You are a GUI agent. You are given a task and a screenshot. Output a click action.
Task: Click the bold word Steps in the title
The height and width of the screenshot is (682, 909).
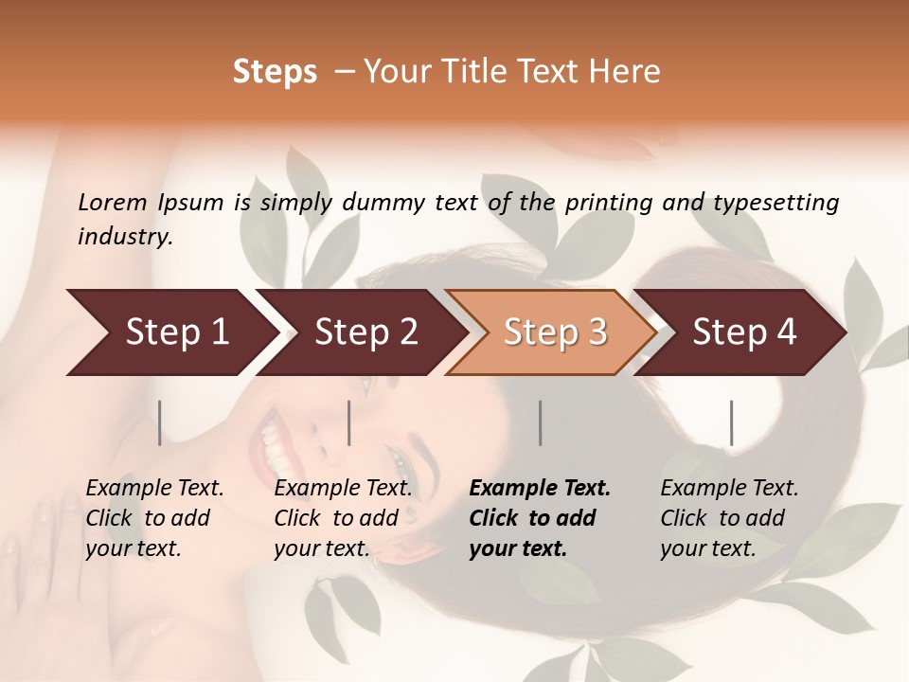click(x=275, y=72)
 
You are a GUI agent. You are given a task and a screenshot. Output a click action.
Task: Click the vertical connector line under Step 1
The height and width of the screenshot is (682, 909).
click(x=160, y=422)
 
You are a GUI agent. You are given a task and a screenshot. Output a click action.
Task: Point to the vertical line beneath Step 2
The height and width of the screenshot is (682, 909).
click(x=349, y=422)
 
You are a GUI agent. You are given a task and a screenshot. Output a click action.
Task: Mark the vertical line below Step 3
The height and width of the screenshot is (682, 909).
click(x=541, y=422)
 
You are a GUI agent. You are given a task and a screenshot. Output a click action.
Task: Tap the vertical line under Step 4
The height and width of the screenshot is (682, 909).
click(x=731, y=422)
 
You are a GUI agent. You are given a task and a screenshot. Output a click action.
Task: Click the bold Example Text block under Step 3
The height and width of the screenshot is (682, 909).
click(x=540, y=518)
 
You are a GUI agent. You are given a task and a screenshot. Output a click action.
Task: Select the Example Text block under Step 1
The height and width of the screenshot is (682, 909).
click(x=154, y=518)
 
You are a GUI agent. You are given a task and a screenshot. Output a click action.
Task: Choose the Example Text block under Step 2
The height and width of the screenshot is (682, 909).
click(x=343, y=518)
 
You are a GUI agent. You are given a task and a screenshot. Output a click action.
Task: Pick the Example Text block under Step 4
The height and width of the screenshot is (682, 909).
click(x=729, y=518)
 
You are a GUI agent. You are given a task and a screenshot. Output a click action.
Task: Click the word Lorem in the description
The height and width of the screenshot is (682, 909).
click(x=112, y=203)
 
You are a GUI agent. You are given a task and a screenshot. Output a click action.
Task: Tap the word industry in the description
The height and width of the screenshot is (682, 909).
click(x=124, y=237)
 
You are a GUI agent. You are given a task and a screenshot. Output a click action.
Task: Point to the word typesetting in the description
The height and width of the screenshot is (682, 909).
click(x=775, y=203)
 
